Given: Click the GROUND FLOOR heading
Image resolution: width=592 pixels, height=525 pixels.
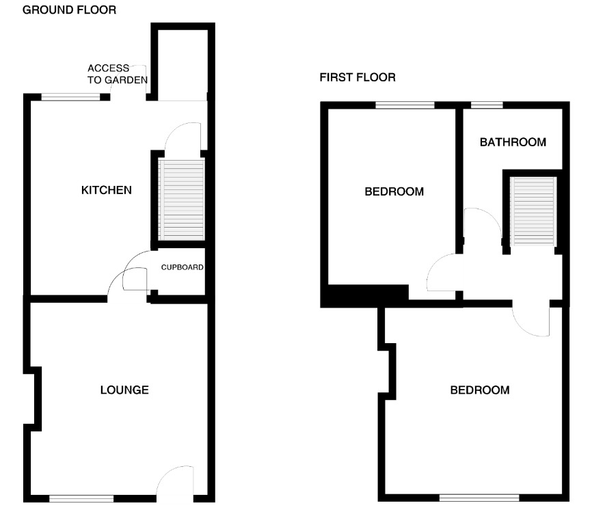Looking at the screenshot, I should point(69,10).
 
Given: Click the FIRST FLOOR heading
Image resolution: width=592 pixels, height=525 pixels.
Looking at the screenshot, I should point(358,78).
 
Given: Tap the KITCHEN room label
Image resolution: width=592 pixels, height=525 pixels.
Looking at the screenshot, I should point(106,189).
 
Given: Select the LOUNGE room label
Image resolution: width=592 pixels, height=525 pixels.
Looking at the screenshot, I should point(124,390).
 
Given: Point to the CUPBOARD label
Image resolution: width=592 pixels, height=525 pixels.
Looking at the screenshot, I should point(182,267).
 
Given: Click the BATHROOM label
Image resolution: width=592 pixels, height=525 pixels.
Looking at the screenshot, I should point(513,142).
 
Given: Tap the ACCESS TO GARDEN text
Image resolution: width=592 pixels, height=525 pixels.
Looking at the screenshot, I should point(117,74).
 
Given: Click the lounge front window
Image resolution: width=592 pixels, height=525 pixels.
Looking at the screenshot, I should point(81,498).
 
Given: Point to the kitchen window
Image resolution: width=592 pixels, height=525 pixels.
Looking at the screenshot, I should point(70,96).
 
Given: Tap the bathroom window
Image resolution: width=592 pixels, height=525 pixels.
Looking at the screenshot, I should point(487,105).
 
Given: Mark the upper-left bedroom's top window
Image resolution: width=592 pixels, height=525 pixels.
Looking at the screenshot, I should point(405,105).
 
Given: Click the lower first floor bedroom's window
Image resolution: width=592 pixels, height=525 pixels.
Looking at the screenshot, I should point(479,498).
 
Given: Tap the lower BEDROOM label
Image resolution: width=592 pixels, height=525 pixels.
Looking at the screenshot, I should point(479,390).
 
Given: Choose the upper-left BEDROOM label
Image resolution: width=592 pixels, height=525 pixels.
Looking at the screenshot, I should point(394,191).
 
